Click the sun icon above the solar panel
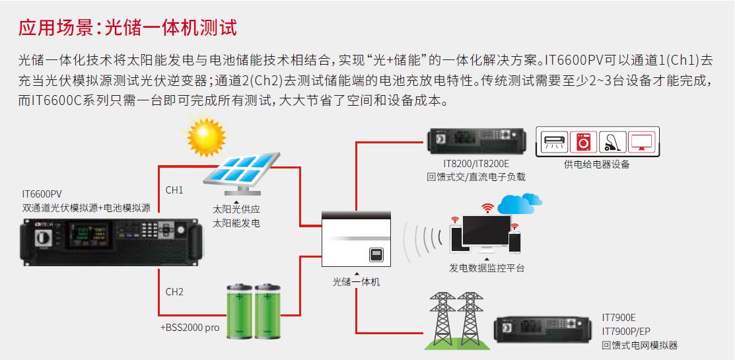tap(206, 135)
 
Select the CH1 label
tap(174, 190)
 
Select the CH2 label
tap(174, 291)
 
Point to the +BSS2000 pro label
tap(190, 327)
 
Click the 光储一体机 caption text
tap(357, 281)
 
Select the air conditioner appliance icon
tap(553, 141)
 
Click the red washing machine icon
tap(583, 141)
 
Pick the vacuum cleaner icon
tap(612, 141)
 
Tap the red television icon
tap(641, 141)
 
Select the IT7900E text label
tap(618, 318)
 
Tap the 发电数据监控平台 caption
tap(487, 268)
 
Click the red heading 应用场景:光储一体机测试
tap(127, 27)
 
